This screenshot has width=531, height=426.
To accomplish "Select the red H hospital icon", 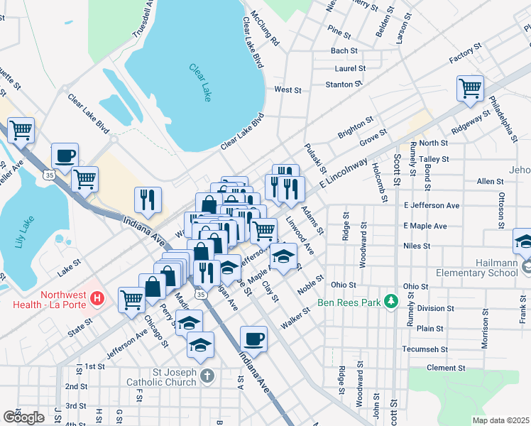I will (99, 299).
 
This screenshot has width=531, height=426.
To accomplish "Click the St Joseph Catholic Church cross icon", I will (206, 376).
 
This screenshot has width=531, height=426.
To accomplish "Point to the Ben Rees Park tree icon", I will (390, 301).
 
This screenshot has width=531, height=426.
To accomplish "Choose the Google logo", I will (23, 416).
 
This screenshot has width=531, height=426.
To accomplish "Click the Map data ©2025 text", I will (500, 420).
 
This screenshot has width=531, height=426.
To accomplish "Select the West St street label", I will (288, 90).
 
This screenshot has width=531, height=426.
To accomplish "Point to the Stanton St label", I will (339, 84).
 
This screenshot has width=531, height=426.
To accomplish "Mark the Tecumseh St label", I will (423, 349).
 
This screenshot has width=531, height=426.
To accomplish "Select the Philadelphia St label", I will (507, 113).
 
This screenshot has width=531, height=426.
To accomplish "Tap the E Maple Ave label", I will (425, 226).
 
